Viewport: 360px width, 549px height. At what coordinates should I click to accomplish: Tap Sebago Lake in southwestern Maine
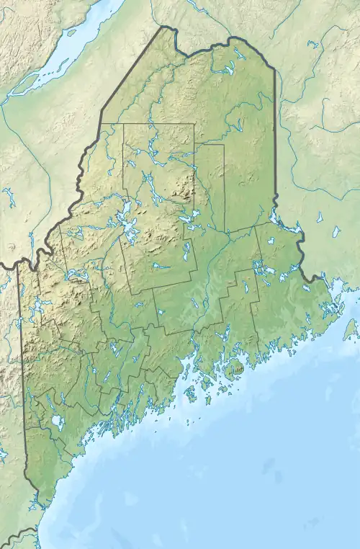[x=55, y=421]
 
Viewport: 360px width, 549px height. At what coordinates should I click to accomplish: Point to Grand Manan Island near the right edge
[x=351, y=329]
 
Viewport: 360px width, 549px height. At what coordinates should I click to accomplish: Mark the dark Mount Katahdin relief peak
[x=185, y=193]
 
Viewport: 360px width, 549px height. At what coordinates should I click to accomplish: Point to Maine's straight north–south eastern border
[x=274, y=144]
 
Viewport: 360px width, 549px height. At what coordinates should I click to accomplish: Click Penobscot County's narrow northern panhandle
[x=210, y=180]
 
